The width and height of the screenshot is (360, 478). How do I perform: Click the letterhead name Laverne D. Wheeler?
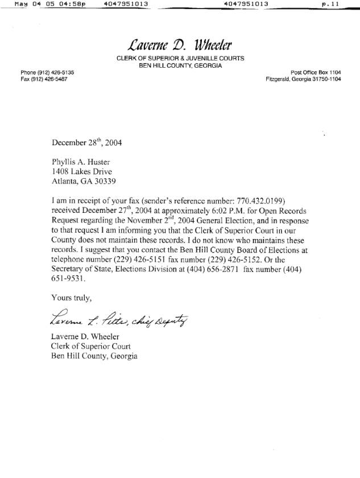pos(180,44)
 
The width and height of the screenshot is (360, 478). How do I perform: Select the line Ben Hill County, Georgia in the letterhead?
pos(180,65)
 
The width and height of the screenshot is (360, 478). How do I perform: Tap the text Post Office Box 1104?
pos(316,72)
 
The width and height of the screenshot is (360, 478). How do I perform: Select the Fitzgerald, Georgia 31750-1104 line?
pos(303,79)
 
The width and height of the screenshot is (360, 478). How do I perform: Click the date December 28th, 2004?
pos(86,143)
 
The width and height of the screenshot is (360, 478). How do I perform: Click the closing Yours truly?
pos(71,298)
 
